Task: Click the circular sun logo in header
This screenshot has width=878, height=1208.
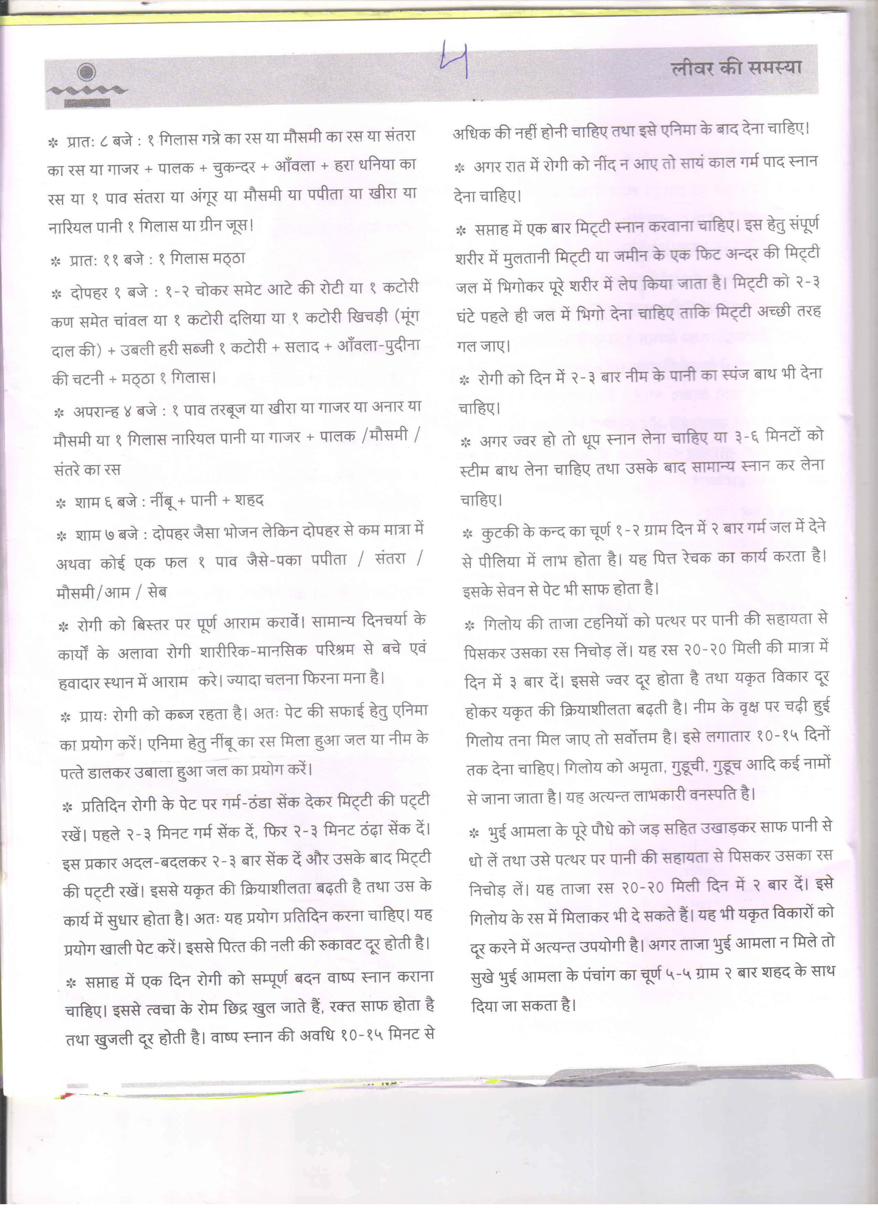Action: tap(87, 71)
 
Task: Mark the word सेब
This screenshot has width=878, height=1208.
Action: tap(157, 592)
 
